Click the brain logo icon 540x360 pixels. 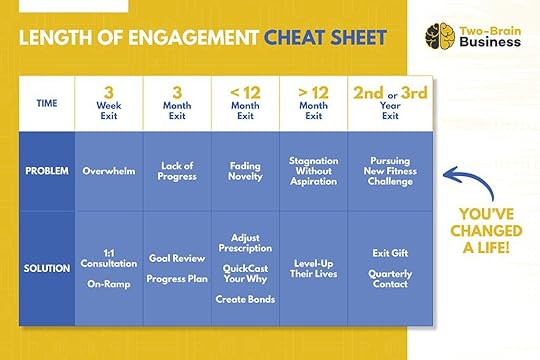(x=436, y=37)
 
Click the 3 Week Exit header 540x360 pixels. (x=107, y=101)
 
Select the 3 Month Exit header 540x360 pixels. (x=176, y=101)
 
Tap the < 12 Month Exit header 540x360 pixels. (x=244, y=101)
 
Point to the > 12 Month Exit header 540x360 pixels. (x=312, y=101)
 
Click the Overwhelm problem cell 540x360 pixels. (x=107, y=170)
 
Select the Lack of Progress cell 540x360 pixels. (x=176, y=170)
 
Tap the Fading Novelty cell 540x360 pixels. (x=244, y=170)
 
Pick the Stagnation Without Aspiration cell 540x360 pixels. (x=312, y=170)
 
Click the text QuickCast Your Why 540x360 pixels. (x=244, y=274)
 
